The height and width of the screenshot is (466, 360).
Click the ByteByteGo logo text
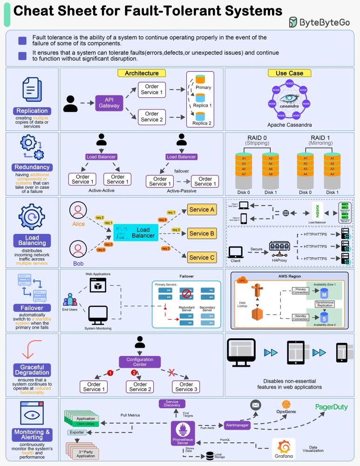tap(325, 22)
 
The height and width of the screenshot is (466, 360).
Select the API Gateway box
tap(109, 103)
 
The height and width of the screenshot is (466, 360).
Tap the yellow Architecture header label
tap(142, 73)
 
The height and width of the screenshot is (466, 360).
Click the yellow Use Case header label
tap(289, 73)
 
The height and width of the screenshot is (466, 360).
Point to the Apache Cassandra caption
tap(289, 125)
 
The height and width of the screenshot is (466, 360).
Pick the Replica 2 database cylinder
tap(200, 116)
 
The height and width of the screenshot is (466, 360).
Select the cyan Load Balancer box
tap(136, 233)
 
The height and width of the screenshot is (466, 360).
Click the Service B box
tap(202, 233)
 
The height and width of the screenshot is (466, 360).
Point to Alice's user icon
tap(78, 211)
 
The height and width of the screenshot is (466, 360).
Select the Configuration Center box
tap(140, 362)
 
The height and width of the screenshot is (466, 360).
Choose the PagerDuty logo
tap(331, 407)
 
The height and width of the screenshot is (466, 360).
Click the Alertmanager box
tap(236, 425)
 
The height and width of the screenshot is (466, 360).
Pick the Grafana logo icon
tap(283, 446)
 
